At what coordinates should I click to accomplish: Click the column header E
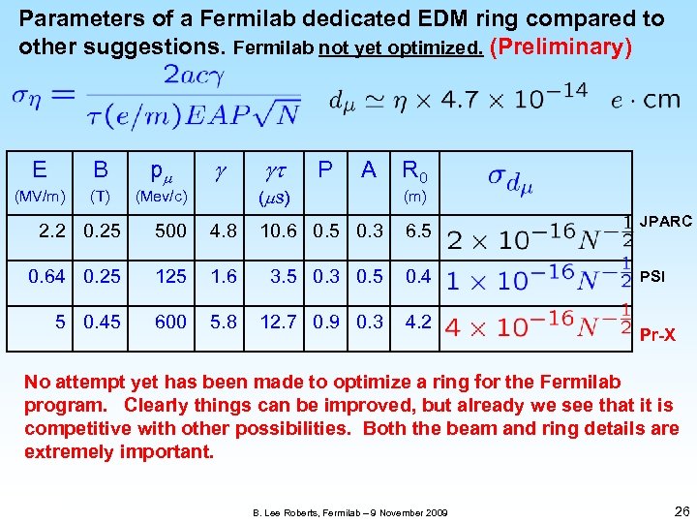(x=40, y=170)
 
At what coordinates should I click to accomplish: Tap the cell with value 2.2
(x=52, y=231)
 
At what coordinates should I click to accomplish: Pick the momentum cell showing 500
(x=170, y=231)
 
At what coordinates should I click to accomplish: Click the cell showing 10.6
(x=279, y=231)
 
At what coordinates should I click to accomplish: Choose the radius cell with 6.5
(x=418, y=231)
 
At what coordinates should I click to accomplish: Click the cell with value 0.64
(x=47, y=276)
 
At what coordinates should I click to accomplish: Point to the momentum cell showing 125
(x=170, y=276)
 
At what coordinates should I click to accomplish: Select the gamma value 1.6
(x=224, y=276)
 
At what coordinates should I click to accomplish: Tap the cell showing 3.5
(x=284, y=276)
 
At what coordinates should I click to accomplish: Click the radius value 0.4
(x=418, y=276)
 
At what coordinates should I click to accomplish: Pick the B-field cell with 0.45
(x=102, y=321)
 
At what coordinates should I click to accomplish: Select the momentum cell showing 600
(x=170, y=321)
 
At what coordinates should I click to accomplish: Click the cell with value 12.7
(x=279, y=321)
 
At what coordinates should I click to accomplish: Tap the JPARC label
(x=665, y=222)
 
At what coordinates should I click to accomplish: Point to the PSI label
(x=652, y=277)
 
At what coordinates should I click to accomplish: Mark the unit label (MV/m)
(x=39, y=197)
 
